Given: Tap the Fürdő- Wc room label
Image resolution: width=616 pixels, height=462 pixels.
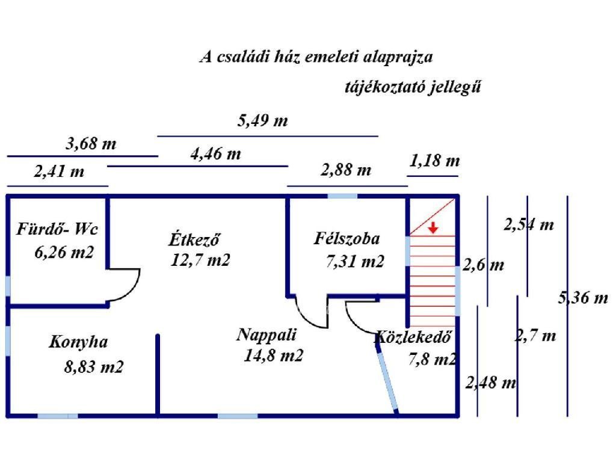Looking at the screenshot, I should (x=57, y=229).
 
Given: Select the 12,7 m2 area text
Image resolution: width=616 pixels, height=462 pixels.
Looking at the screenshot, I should (x=200, y=261).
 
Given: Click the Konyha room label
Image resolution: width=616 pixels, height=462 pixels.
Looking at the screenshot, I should (x=78, y=342).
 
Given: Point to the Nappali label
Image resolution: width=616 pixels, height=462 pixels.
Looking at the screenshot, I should (x=266, y=334).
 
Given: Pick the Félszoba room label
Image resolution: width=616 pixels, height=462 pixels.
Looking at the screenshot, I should (x=347, y=239).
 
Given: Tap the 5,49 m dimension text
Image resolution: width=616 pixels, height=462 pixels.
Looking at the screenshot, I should (x=263, y=120).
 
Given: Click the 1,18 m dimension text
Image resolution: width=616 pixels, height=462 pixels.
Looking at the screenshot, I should (x=434, y=161).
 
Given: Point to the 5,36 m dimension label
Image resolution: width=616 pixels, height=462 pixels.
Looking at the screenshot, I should (x=584, y=297).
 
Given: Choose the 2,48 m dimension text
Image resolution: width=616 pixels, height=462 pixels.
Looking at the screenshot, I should (x=491, y=382).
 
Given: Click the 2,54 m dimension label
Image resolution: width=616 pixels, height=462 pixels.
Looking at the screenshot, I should (x=528, y=226).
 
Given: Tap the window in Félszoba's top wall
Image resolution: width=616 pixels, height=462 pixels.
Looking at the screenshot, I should (x=342, y=196).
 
